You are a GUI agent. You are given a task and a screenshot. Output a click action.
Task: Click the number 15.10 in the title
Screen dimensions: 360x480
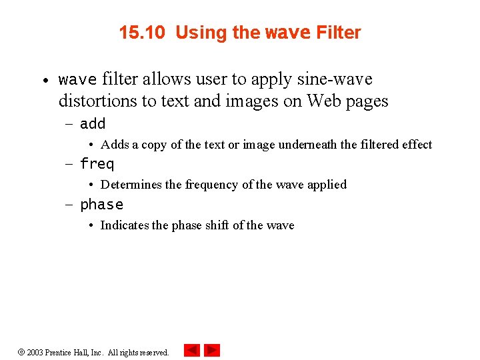point(141,33)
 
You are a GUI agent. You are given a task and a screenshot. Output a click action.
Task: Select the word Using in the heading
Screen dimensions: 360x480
point(198,33)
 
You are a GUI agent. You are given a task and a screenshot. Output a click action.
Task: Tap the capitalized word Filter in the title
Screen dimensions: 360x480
point(338,33)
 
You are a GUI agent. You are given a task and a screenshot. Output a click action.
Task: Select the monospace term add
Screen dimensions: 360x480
point(93,124)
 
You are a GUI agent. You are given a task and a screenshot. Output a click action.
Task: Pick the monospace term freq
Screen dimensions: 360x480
point(97,164)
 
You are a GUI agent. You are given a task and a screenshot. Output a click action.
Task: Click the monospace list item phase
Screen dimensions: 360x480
point(101,205)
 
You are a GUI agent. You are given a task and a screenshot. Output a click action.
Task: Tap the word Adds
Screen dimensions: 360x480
point(115,145)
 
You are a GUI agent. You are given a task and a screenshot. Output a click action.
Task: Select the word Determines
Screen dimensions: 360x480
point(131,185)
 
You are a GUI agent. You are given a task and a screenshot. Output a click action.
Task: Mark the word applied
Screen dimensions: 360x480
point(327,185)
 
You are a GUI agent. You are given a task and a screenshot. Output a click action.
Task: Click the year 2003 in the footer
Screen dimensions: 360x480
point(35,352)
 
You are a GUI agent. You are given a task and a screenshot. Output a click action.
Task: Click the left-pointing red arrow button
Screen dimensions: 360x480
point(191,350)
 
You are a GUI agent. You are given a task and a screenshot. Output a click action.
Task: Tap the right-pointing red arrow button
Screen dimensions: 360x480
point(212,350)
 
